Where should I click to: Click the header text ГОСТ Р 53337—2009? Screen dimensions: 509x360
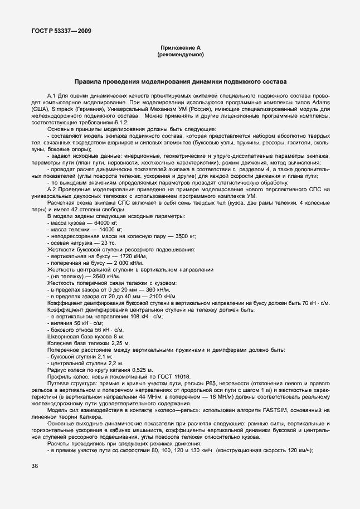(62, 31)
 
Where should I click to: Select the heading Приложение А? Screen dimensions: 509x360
(180, 49)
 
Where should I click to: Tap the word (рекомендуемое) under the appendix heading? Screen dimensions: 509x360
(180, 55)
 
